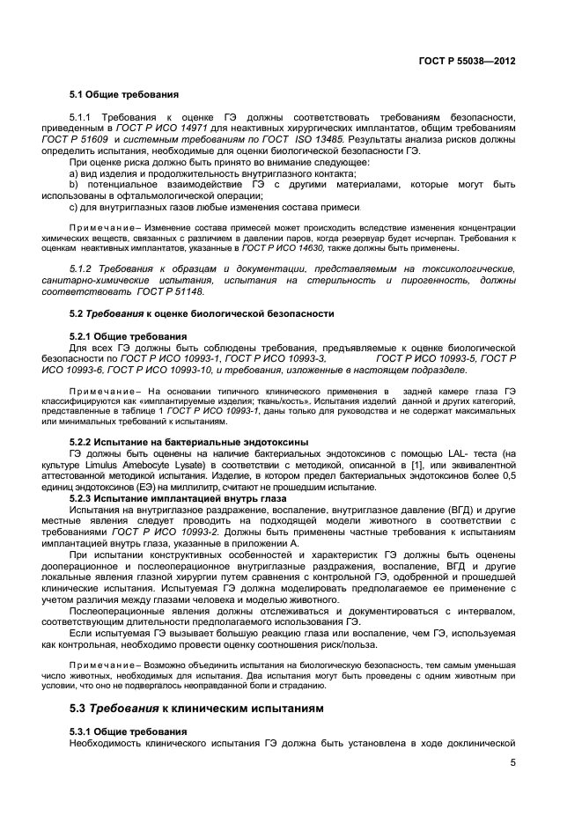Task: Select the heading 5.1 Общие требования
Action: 124,93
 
